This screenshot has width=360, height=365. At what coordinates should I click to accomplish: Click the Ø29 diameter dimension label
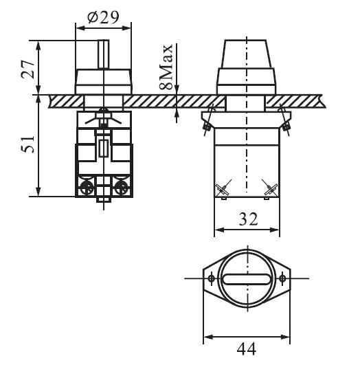click(103, 17)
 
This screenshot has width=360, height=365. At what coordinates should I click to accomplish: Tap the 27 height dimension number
click(28, 69)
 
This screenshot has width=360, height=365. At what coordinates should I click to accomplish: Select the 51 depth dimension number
click(28, 144)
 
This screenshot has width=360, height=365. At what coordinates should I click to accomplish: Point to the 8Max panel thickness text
click(166, 67)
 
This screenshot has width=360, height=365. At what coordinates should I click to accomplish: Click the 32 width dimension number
click(248, 219)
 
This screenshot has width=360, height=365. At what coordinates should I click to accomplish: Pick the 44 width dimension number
click(247, 349)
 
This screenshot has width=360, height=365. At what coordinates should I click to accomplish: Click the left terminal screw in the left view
click(87, 188)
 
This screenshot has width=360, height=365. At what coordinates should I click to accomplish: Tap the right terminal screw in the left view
click(121, 188)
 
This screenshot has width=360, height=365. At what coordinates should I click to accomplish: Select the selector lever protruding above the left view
click(103, 54)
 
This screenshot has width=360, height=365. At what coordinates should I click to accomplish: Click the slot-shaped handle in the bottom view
click(247, 279)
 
